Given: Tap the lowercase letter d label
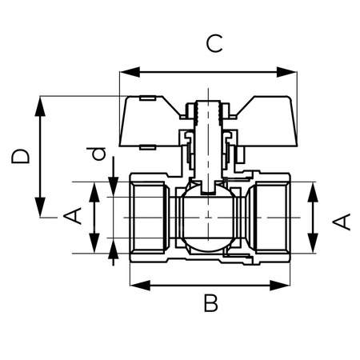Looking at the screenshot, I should click(x=97, y=154).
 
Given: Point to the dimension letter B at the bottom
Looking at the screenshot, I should click(x=210, y=304).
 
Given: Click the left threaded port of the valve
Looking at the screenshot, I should click(x=148, y=218).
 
